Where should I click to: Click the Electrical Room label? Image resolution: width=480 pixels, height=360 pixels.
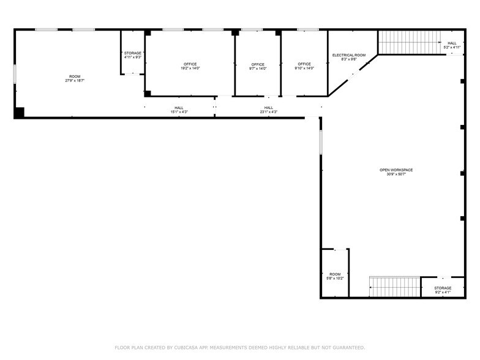pos(349,55)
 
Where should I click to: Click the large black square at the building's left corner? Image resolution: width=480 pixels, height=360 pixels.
pos(19,113)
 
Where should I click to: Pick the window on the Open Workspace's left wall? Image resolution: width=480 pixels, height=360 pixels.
pos(320,142)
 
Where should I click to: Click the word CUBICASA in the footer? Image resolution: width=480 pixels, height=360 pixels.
pos(186,347)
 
